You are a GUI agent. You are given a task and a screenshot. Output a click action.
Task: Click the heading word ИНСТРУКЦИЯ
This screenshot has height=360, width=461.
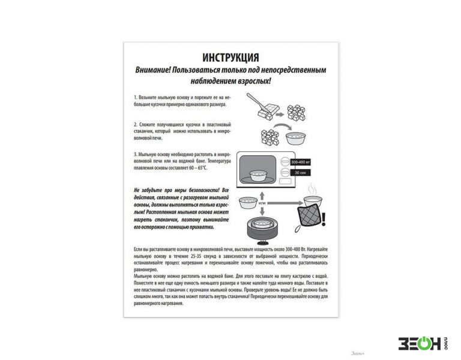tap(230, 58)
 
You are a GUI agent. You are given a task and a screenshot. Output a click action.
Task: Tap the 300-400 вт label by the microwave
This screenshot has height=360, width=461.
tap(301, 162)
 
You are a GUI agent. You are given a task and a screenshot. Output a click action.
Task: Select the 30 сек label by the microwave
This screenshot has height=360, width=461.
tap(298, 173)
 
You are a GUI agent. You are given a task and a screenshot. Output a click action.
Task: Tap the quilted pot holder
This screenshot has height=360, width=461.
tap(307, 216)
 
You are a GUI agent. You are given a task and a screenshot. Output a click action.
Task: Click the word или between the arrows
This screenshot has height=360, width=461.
tap(262, 202)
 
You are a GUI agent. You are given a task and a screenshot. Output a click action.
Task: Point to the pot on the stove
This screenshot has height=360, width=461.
tap(262, 227)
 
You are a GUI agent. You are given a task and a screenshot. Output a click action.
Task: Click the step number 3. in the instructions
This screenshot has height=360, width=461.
tap(136, 154)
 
